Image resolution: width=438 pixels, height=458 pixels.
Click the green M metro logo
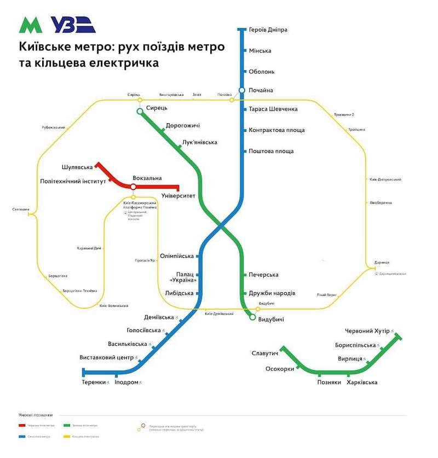coord(31,25)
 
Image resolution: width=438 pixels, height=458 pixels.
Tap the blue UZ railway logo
coord(73,25)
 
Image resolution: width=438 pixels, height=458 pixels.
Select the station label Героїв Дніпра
coord(268,30)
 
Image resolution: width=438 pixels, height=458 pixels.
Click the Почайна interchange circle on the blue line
coord(242,90)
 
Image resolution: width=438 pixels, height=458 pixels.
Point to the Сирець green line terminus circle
coord(140,111)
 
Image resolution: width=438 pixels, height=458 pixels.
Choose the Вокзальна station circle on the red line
coord(133,187)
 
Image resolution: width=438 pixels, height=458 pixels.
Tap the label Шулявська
coord(77,167)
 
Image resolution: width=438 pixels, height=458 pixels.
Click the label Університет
coord(178,195)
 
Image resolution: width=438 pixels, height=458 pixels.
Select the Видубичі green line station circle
coord(252,317)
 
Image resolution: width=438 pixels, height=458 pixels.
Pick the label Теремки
coord(94,382)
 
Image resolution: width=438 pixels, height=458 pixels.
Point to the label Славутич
coord(265,353)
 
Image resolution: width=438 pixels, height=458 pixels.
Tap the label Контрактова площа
coord(276,130)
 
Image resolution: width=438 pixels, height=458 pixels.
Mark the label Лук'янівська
coord(199,142)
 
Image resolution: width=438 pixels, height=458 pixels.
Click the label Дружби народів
coord(272,293)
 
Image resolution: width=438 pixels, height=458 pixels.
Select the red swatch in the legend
coord(21,425)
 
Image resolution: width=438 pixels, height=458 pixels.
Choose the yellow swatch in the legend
coord(67,437)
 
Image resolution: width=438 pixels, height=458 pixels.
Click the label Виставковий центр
coord(106,358)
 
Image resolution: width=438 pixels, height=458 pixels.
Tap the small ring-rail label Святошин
coord(20,208)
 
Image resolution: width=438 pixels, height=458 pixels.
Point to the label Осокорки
coord(280,369)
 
